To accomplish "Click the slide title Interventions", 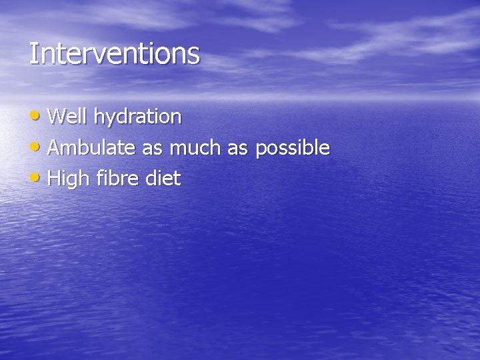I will (114, 53).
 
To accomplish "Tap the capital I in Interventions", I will (33, 53).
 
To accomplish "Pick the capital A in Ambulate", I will (55, 148).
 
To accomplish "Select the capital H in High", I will (55, 179).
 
